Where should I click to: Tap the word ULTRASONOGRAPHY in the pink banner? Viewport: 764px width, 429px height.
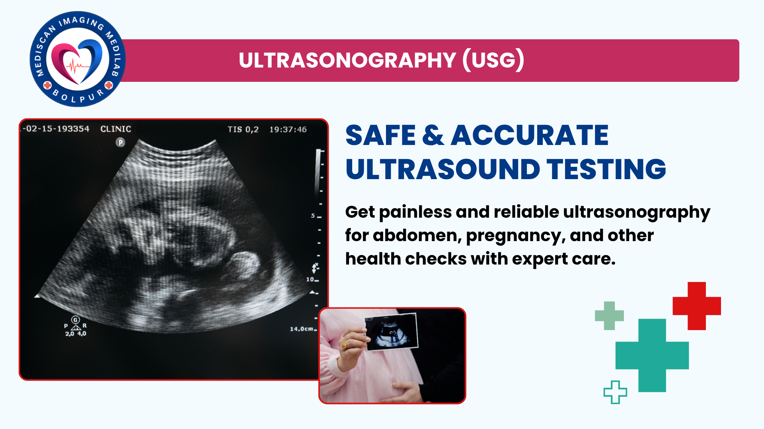[x=347, y=60]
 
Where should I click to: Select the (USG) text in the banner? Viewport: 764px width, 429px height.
[x=493, y=60]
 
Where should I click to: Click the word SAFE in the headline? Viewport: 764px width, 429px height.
[x=380, y=135]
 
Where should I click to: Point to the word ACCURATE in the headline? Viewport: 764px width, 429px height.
[x=530, y=135]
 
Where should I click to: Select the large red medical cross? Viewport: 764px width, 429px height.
[x=697, y=306]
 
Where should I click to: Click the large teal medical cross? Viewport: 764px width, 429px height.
[x=652, y=356]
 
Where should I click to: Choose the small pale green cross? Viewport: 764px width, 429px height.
[x=609, y=316]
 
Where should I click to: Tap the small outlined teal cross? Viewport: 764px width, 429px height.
[x=615, y=392]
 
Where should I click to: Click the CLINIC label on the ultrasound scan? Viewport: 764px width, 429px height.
[x=115, y=129]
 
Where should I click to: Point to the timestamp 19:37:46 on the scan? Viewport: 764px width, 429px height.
[x=288, y=129]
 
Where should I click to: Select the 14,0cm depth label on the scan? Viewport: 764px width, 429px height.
[x=302, y=329]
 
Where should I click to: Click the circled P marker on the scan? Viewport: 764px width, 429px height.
[x=120, y=142]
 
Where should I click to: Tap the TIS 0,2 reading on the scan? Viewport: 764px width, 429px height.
[x=243, y=129]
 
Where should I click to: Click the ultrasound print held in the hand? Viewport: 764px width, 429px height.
[x=392, y=332]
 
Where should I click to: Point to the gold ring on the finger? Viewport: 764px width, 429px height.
[x=344, y=345]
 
